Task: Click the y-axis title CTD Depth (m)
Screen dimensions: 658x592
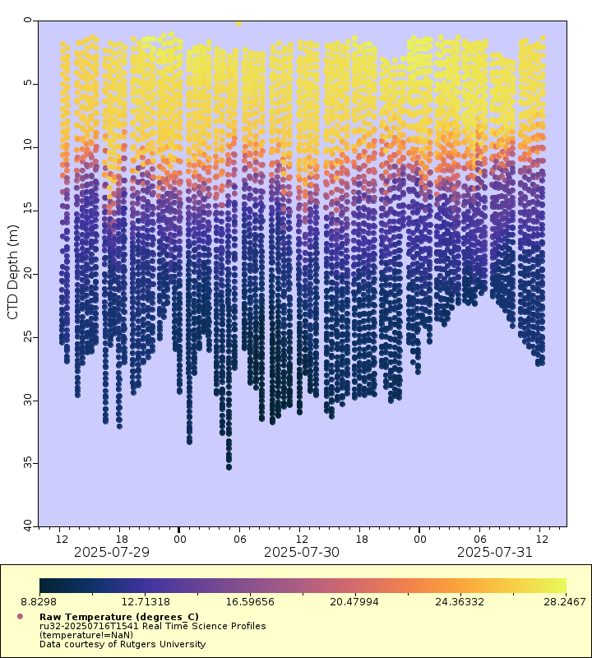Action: [12, 272]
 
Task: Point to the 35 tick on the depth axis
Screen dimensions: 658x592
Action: [30, 464]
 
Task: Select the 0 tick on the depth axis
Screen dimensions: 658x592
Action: [30, 21]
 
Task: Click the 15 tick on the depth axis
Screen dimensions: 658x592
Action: [30, 211]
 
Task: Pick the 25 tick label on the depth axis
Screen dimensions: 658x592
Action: [30, 337]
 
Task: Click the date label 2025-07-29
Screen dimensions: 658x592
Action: [112, 552]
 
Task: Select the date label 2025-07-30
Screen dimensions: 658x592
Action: [302, 552]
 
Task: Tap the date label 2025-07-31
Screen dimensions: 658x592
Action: [495, 552]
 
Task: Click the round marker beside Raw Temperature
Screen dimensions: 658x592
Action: [20, 616]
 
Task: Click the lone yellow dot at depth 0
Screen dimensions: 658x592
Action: [238, 23]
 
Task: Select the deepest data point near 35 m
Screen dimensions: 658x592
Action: [229, 466]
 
